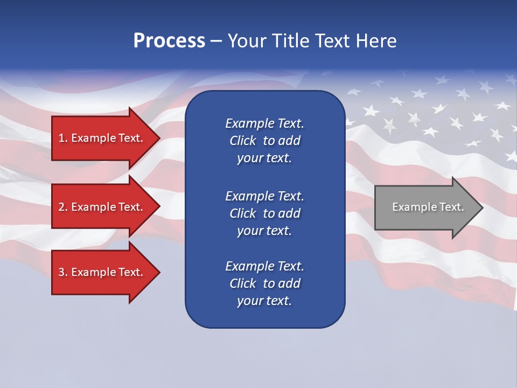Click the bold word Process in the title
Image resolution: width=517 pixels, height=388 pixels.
169,41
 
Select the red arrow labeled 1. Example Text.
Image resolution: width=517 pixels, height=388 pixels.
102,138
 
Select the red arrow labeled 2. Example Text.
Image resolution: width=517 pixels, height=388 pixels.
102,207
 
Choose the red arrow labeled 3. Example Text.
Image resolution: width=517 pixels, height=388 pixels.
102,272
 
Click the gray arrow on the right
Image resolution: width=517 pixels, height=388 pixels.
425,207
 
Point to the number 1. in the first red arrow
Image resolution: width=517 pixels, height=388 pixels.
63,138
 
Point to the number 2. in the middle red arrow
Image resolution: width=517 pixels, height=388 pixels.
63,207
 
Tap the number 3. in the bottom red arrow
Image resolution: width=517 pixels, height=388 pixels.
63,272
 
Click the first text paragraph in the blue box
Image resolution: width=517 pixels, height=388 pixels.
264,141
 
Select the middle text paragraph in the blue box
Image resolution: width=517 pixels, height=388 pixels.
264,213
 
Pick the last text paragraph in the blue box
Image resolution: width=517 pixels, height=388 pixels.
264,283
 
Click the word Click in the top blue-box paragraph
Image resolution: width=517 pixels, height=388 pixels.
242,141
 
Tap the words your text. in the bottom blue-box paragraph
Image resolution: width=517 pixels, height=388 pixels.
264,301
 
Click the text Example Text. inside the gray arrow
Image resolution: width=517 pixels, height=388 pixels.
428,207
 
